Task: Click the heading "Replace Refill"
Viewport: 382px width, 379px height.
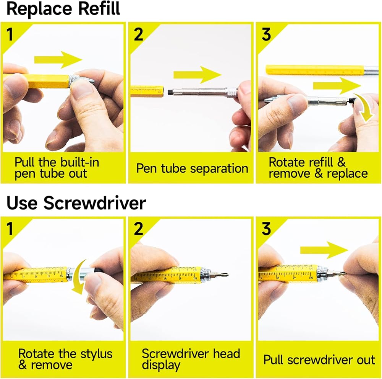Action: pos(63,8)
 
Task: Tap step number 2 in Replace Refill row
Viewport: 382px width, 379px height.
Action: pos(138,34)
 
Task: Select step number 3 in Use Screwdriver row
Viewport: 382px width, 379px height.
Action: pos(266,229)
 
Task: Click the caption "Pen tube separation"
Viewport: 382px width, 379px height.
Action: pos(192,168)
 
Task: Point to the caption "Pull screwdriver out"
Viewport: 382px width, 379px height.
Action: pos(319,360)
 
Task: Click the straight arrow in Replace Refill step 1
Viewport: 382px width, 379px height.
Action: pos(58,60)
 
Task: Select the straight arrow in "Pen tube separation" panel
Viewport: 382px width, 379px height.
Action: pos(197,75)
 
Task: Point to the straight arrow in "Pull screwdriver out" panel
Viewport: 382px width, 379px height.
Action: pos(324,250)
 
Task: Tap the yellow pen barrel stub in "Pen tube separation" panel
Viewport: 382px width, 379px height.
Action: pos(147,91)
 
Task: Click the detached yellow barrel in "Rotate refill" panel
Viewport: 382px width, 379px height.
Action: pos(315,70)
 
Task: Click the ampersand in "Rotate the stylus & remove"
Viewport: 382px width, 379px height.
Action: pos(23,365)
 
